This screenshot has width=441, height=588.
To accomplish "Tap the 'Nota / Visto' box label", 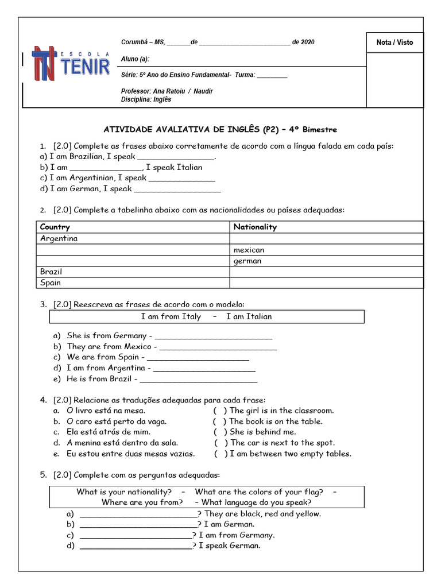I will coord(394,42).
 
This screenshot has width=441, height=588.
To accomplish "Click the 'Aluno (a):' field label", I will coord(136,59).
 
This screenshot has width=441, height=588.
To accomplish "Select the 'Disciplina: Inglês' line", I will coord(146,99).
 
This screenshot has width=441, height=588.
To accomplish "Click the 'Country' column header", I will coord(55,227).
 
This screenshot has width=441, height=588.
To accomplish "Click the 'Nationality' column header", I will coord(255,227).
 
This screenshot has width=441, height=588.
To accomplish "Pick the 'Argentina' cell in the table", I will coord(59,238).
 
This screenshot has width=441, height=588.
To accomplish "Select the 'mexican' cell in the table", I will coord(249,250).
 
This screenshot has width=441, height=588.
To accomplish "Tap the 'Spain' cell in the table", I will coord(51,283).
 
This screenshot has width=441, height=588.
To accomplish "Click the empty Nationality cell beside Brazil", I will coord(326,272).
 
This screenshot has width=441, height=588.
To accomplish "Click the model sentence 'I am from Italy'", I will coord(171,316).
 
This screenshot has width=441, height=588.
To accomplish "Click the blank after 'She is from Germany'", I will coord(214,336).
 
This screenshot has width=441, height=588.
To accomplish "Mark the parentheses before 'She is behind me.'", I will coord(219,432).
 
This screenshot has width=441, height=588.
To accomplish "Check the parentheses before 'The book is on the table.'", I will coord(219,421).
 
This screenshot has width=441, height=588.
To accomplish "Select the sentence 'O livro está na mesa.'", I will coord(106,411).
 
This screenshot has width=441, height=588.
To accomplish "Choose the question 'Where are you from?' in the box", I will coord(142,502).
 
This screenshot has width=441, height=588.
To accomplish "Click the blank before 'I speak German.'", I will coord(136,546).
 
